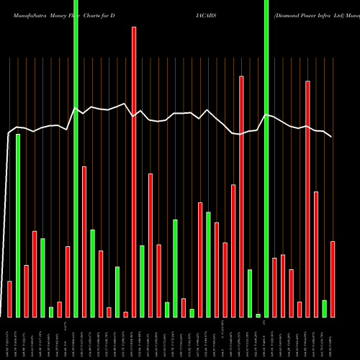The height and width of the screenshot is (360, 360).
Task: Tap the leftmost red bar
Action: [9, 299]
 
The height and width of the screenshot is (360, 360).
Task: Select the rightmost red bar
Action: [333, 279]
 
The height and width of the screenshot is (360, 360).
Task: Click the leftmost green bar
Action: [18, 225]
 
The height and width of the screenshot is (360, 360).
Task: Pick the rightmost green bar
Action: [324, 308]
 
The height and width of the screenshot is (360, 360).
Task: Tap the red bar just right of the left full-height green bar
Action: [84, 241]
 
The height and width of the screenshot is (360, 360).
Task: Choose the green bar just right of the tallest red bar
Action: [142, 281]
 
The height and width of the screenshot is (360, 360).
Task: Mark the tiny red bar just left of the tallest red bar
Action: [125, 314]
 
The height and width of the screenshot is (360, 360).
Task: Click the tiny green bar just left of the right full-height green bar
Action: [258, 315]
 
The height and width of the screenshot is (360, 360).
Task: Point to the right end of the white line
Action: [331, 137]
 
